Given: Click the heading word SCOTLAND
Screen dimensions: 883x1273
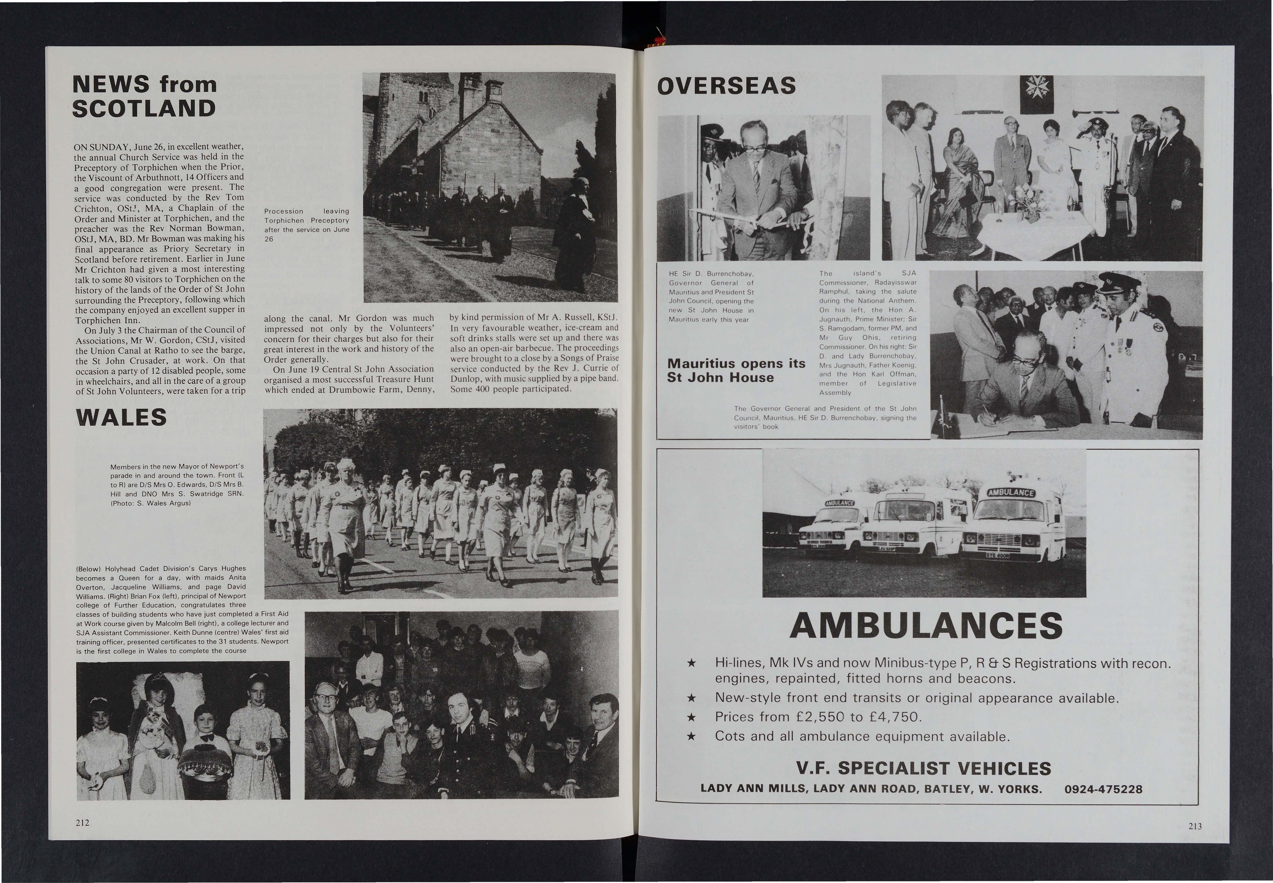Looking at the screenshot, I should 144,108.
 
